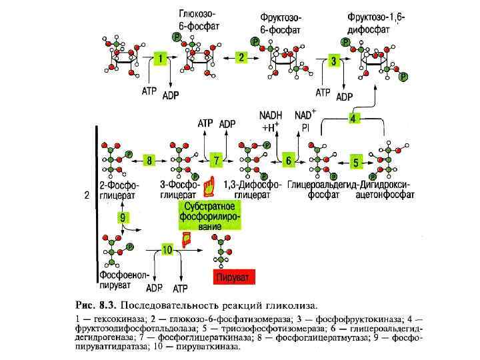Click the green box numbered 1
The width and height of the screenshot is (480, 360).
click(160, 59)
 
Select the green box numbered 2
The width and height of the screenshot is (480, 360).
click(241, 57)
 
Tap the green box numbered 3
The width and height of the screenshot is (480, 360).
click(335, 61)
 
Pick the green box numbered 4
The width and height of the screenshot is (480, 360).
click(354, 117)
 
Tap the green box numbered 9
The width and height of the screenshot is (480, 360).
click(123, 217)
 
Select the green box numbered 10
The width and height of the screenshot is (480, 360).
click(167, 249)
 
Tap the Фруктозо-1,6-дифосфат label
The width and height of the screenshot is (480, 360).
click(377, 22)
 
